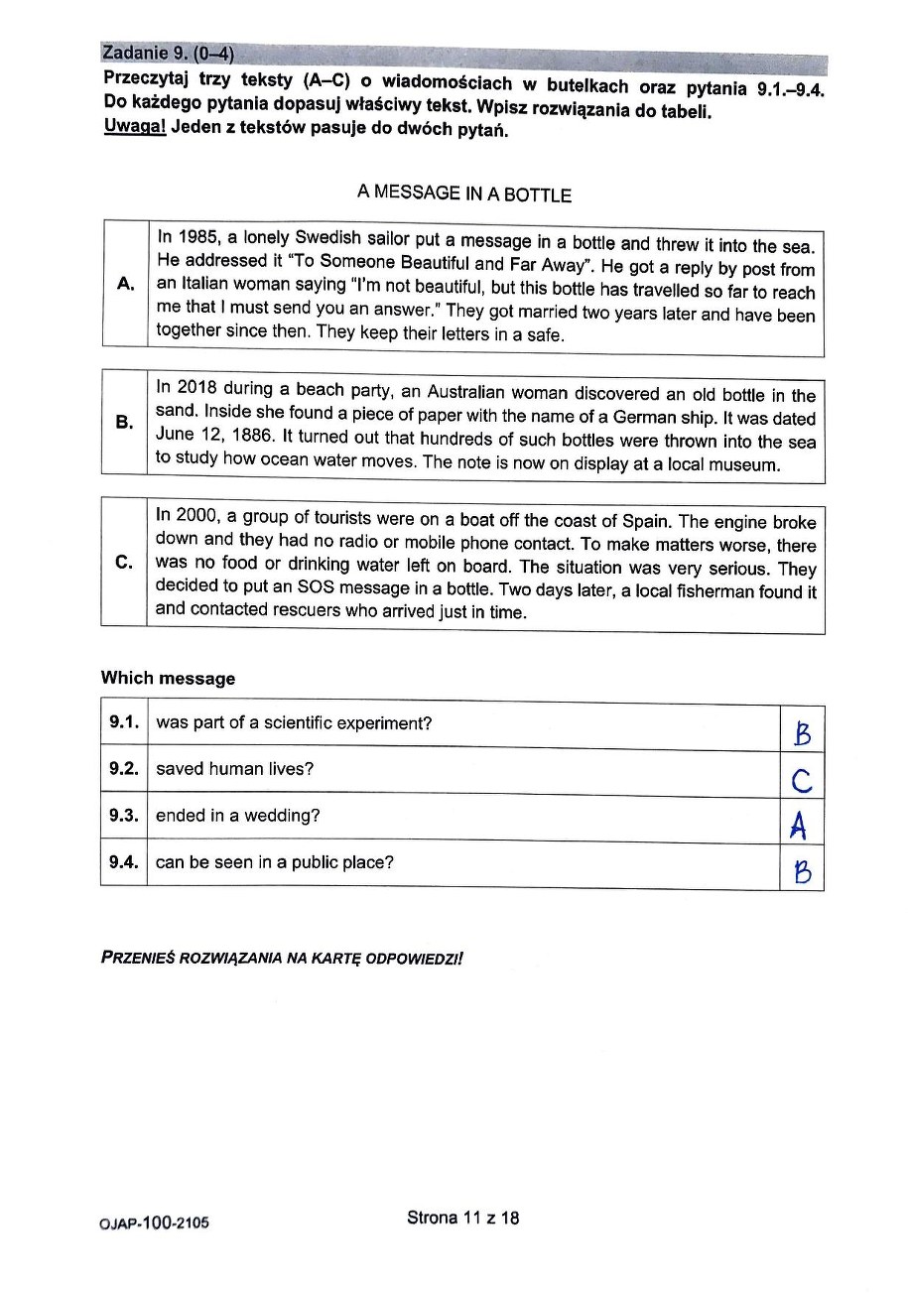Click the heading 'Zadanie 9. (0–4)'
pos(169,53)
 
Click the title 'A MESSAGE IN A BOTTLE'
pos(464,194)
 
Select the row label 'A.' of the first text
pos(125,284)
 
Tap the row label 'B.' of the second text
pos(124,422)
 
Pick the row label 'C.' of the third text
pos(124,562)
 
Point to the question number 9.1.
pos(123,722)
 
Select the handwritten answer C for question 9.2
pos(803,782)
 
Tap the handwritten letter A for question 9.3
pos(799,826)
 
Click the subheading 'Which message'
pos(168,679)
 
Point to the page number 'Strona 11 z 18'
pos(462,1218)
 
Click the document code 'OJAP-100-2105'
pos(155,1224)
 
